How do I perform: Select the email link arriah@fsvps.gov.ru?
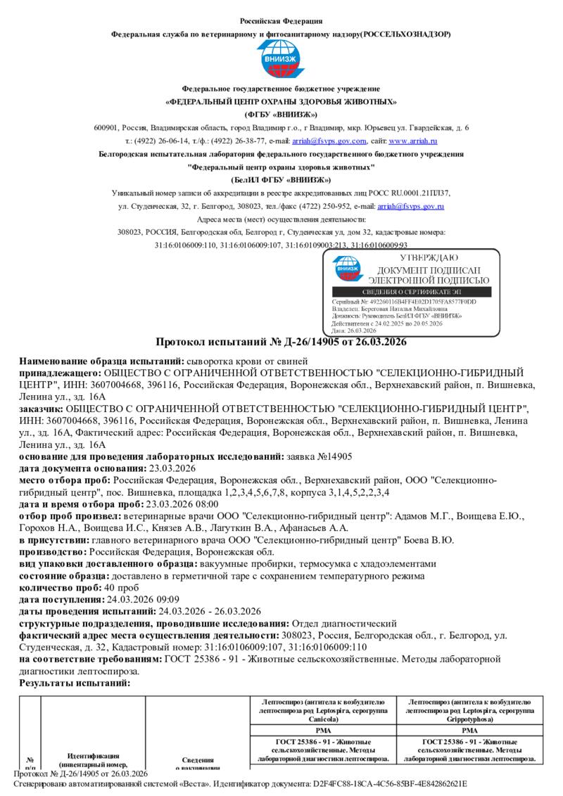pos(411,206)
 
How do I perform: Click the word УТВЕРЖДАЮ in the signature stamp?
pos(419,258)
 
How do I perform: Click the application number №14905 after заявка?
pos(336,456)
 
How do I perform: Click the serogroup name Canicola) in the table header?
pos(322,719)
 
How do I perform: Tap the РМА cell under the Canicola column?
pos(322,731)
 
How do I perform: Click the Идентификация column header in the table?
pos(93,757)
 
